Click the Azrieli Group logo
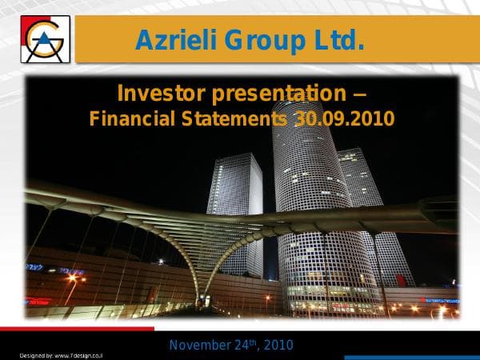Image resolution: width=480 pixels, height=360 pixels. (x=46, y=38)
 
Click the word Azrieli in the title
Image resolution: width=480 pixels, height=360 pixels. (x=178, y=40)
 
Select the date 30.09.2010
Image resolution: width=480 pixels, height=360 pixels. (x=345, y=119)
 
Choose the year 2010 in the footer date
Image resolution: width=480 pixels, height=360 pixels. (x=278, y=346)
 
